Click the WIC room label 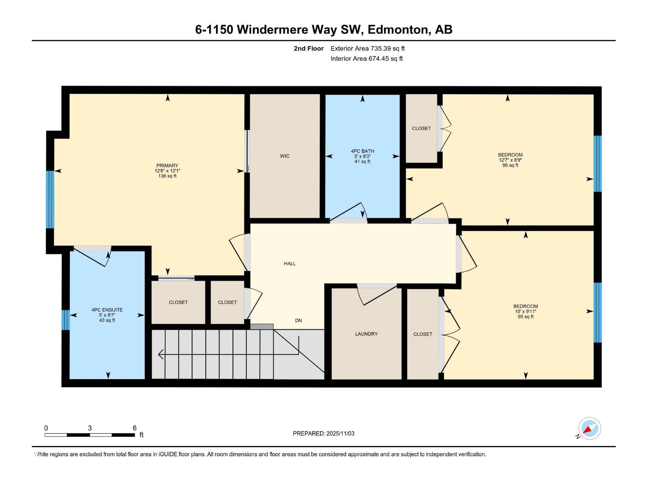tap(284, 156)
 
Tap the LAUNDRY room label tap(366, 334)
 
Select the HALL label tap(290, 264)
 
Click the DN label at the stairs tap(298, 320)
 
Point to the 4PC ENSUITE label tap(107, 310)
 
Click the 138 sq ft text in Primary tap(167, 176)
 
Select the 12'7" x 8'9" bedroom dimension tap(510, 160)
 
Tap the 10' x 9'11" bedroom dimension tap(525, 311)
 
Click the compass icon tap(589, 428)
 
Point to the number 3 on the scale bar tap(90, 428)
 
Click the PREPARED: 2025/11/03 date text tap(324, 433)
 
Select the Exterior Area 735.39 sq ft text tap(367, 49)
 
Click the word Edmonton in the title tap(399, 30)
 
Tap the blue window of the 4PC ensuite tap(66, 320)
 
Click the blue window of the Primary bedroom tap(50, 199)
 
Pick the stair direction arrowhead tap(161, 354)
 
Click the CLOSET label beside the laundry tap(422, 334)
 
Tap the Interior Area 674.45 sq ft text tap(366, 59)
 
